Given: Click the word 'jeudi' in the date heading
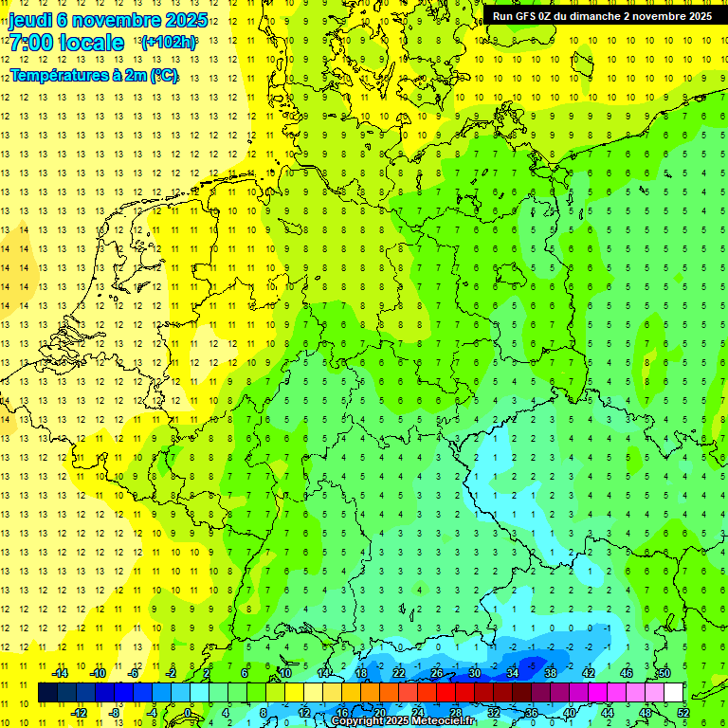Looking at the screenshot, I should tap(30, 19).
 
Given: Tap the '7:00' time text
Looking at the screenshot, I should tap(30, 43).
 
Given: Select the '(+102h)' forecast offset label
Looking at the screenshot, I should tap(168, 43).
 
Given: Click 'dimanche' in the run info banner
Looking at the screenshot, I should tap(591, 16).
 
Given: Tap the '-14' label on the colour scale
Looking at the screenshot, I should tap(60, 673).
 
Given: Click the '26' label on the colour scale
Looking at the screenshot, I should tap(437, 673).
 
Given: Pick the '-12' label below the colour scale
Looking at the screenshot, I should tap(79, 713).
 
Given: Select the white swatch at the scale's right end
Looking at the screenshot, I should tap(674, 693).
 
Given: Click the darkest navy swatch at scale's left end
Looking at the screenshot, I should tap(47, 693).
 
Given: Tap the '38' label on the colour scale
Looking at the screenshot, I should tap(551, 673).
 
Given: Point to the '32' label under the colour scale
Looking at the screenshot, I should tap(494, 713).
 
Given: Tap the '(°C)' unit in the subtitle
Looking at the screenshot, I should tap(162, 74).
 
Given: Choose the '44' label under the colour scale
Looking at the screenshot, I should tap(608, 713).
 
